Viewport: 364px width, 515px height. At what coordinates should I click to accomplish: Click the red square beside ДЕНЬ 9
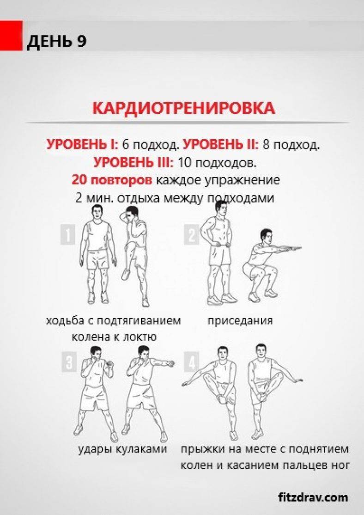(11, 36)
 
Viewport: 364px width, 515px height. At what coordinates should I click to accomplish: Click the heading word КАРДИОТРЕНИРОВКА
(184, 108)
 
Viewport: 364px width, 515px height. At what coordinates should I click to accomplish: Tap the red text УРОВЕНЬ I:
(82, 145)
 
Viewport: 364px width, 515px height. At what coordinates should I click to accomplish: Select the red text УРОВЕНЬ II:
(221, 145)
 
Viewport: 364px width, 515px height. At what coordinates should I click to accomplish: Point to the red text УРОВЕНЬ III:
(133, 163)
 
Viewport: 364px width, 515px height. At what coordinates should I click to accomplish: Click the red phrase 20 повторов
(112, 180)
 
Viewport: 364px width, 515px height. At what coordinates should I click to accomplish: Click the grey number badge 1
(67, 234)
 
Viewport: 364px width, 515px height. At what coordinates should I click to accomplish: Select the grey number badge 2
(192, 234)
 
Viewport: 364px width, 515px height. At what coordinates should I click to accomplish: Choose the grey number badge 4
(192, 362)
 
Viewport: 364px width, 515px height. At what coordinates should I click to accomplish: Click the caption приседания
(240, 320)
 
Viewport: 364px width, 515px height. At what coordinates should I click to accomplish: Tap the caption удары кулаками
(123, 448)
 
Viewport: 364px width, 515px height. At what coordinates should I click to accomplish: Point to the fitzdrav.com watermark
(313, 497)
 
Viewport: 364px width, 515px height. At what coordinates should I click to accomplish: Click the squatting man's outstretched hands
(295, 246)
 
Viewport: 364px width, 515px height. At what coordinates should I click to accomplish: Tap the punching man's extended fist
(170, 363)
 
